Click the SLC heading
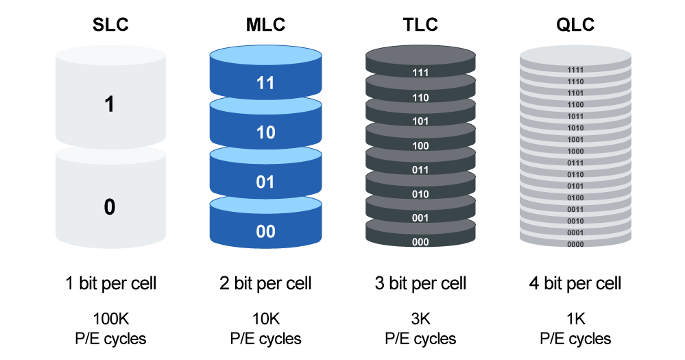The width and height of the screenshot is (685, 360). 110,25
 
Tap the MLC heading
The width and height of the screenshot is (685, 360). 265,25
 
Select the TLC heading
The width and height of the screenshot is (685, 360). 420,25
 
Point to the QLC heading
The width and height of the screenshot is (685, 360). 575,25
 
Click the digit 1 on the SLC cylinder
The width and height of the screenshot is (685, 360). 109,104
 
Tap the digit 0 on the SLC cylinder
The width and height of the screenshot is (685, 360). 110,206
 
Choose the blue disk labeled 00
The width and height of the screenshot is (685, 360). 265,223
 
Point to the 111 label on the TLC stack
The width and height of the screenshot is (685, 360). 420,73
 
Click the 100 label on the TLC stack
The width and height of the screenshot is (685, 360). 420,146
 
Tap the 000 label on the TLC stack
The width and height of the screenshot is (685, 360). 420,241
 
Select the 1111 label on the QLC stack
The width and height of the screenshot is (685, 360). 575,70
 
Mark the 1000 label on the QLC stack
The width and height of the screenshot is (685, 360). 575,151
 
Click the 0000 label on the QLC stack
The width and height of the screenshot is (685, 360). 575,244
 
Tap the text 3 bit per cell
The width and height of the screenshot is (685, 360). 420,284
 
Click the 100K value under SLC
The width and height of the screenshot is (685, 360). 110,319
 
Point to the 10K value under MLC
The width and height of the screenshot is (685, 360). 265,319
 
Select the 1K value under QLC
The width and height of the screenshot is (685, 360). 575,319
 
